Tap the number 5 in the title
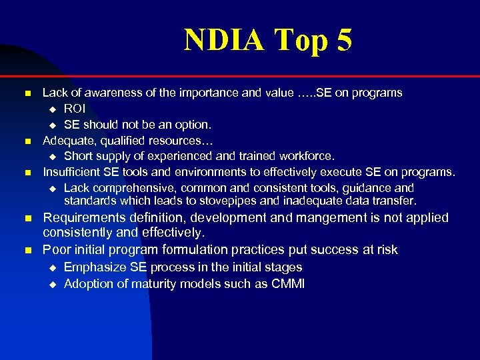pos(344,40)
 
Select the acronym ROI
pos(75,108)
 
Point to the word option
pos(191,124)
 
